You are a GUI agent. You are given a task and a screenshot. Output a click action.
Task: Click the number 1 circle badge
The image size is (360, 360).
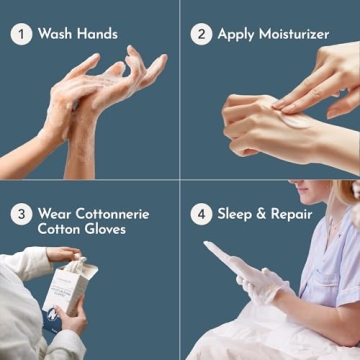[x=21, y=34]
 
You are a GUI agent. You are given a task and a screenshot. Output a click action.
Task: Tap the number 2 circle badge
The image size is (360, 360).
[x=201, y=34]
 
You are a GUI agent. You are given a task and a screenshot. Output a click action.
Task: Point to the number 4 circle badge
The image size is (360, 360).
[x=201, y=214]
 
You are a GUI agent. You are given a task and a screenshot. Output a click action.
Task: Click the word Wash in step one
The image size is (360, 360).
[x=55, y=34]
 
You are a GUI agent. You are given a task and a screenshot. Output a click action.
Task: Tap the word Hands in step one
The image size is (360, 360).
[x=100, y=34]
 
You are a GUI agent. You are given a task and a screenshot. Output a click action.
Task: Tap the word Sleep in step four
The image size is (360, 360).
[x=237, y=214]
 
